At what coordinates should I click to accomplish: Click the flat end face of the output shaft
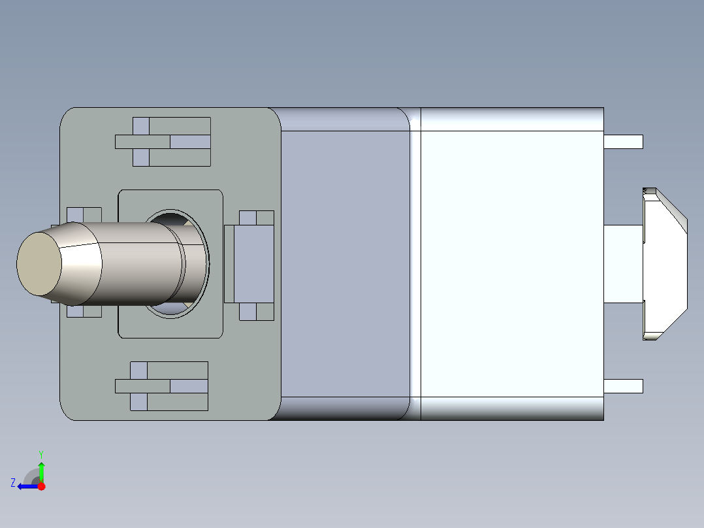pyautogui.click(x=39, y=263)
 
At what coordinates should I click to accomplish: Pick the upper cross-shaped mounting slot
pyautogui.click(x=163, y=142)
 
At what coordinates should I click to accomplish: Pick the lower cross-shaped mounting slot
pyautogui.click(x=162, y=386)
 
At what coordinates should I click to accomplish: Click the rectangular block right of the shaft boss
pyautogui.click(x=249, y=264)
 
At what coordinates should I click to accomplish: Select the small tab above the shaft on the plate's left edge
pyautogui.click(x=84, y=214)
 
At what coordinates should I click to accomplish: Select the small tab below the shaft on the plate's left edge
pyautogui.click(x=84, y=311)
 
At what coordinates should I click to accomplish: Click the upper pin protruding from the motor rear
pyautogui.click(x=623, y=142)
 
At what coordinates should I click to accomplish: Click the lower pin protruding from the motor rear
pyautogui.click(x=623, y=386)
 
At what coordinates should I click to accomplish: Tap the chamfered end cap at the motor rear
pyautogui.click(x=666, y=264)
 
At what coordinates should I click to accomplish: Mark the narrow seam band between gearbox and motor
pyautogui.click(x=415, y=264)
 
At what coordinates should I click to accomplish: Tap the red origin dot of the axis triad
pyautogui.click(x=42, y=486)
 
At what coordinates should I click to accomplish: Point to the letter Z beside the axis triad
pyautogui.click(x=13, y=483)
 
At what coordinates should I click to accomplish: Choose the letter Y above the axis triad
pyautogui.click(x=40, y=454)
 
